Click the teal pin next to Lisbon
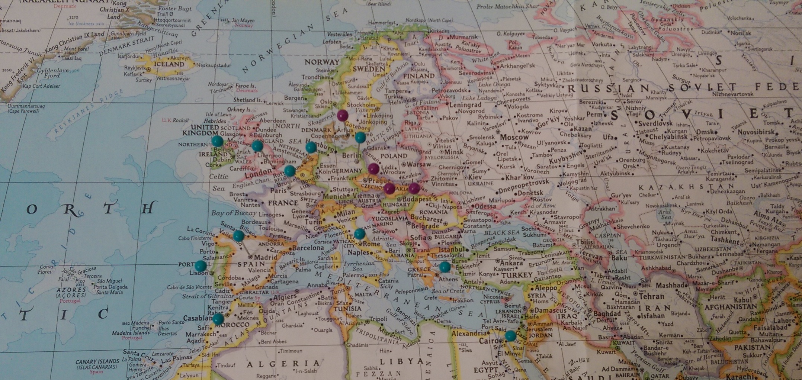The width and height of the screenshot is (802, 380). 200,265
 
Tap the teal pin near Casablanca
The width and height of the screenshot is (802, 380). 218,319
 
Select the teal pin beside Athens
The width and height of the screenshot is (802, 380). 445,267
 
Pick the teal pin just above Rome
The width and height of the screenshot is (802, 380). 359,234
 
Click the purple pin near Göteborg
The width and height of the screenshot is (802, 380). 343,115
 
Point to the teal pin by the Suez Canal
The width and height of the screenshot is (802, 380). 510,336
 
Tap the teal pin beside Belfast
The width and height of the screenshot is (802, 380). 218,141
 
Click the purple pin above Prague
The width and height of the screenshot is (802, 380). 373,169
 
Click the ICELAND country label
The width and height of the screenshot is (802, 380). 169,64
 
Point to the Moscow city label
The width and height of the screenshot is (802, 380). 514,138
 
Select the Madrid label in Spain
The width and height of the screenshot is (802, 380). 266,257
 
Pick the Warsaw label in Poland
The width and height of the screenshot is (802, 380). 418,164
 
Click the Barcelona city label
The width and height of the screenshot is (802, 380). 308,248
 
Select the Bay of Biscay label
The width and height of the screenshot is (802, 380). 234,213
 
